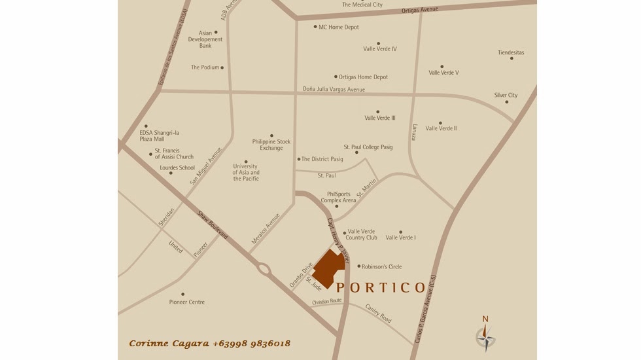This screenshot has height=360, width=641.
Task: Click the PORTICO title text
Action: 381,287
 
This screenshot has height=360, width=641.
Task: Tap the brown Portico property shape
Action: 329,268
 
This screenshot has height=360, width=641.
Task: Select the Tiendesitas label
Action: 511,52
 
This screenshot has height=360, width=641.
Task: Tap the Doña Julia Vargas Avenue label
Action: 334,89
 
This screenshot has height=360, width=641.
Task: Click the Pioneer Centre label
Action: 187,302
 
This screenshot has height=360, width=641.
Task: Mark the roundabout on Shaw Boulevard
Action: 264,268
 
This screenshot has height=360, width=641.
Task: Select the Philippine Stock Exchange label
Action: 271,145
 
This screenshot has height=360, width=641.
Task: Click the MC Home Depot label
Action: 338,27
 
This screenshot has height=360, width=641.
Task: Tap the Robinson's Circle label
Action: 381,267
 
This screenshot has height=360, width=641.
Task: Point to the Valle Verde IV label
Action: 380,48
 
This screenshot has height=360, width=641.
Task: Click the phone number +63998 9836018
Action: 251,344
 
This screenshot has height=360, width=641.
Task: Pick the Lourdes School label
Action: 177,168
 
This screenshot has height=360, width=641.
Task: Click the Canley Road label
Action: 378,314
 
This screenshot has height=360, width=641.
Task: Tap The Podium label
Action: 205,67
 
